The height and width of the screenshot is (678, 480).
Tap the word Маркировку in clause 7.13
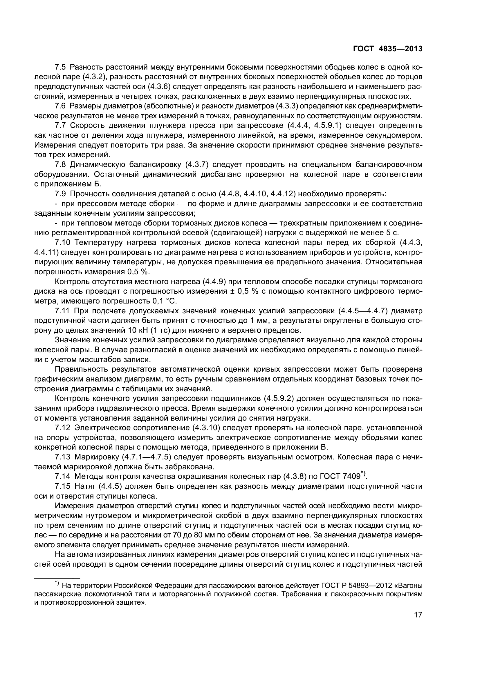(x=97, y=457)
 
